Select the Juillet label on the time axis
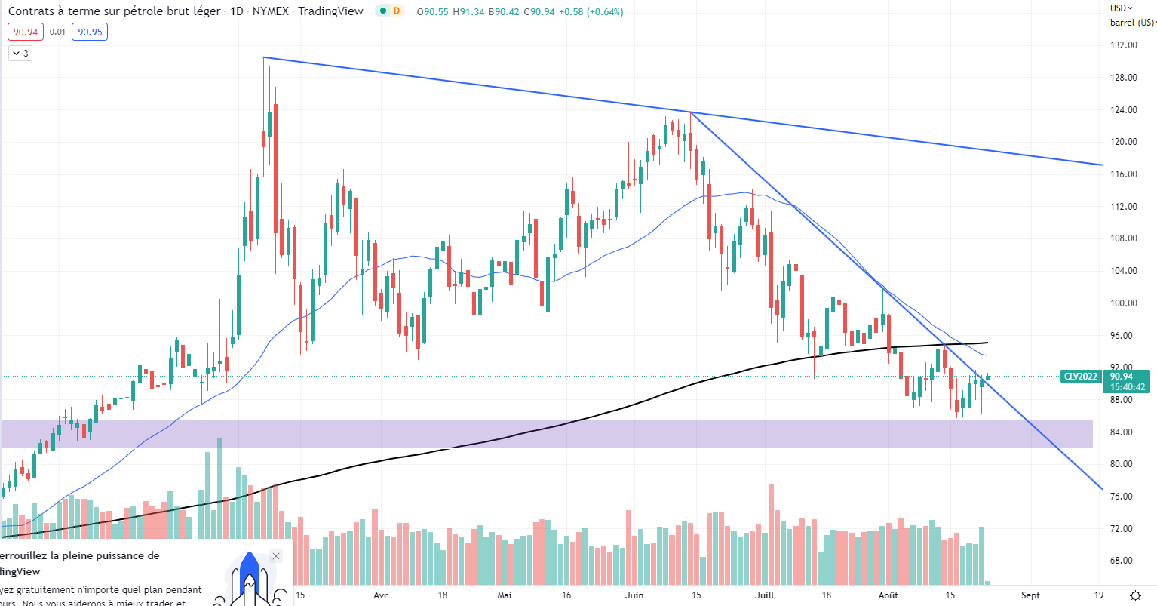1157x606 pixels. (x=764, y=595)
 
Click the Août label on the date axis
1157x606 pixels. (x=888, y=595)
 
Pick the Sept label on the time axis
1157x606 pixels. (x=1030, y=595)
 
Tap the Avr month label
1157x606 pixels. (x=381, y=595)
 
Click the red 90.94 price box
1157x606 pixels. (x=26, y=32)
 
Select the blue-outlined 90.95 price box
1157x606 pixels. (x=90, y=32)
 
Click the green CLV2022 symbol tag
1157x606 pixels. (x=1080, y=377)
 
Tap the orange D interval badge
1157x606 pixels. (x=397, y=11)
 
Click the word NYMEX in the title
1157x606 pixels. (x=270, y=11)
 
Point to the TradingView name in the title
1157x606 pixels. (x=330, y=11)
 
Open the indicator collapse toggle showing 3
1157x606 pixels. (x=20, y=53)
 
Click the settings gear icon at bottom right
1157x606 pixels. (x=1135, y=595)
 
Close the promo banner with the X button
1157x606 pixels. (x=276, y=556)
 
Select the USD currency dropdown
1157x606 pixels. (x=1122, y=8)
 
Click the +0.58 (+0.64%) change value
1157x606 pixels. (x=591, y=11)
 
